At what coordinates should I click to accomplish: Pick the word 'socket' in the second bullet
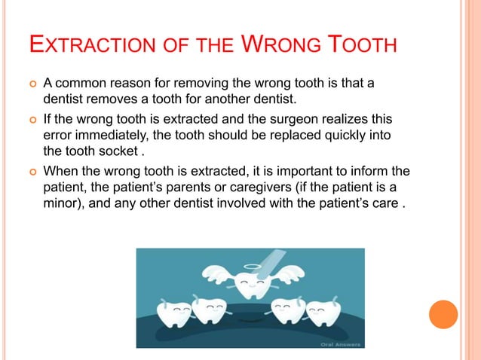coord(124,148)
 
